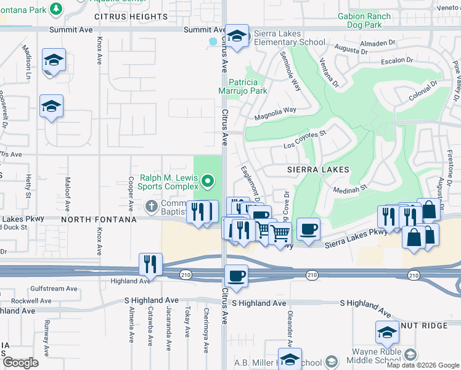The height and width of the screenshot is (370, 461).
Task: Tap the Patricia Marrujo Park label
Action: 248,86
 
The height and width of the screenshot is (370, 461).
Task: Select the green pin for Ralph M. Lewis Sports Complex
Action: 208,181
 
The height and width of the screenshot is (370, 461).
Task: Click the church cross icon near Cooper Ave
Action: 152,205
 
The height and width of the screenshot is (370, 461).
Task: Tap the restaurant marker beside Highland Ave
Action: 150,264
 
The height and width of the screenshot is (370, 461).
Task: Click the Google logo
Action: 20,363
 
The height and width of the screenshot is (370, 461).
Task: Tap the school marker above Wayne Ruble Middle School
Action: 386,332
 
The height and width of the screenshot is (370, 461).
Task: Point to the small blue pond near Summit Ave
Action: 213,42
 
